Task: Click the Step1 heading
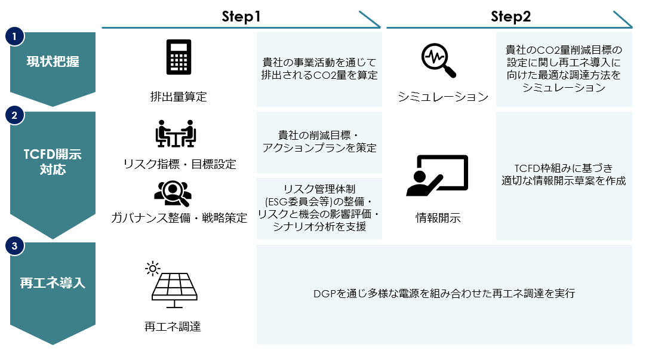coord(241,17)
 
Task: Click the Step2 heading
coord(510,17)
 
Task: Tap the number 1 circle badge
coord(14,36)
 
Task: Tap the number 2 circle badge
coord(14,115)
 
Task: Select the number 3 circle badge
coord(14,246)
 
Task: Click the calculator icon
coord(179,57)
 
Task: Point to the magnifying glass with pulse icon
coord(438,60)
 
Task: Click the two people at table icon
coord(176,134)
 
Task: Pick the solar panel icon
coord(172,285)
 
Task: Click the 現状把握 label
coord(53,61)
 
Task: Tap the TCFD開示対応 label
coord(53,162)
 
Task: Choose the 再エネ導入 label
coord(53,283)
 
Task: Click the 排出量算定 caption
coord(179,97)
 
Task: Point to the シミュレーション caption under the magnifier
coord(443,97)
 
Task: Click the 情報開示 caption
coord(438,218)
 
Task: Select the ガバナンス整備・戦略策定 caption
coord(179,218)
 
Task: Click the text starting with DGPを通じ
coord(444,293)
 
